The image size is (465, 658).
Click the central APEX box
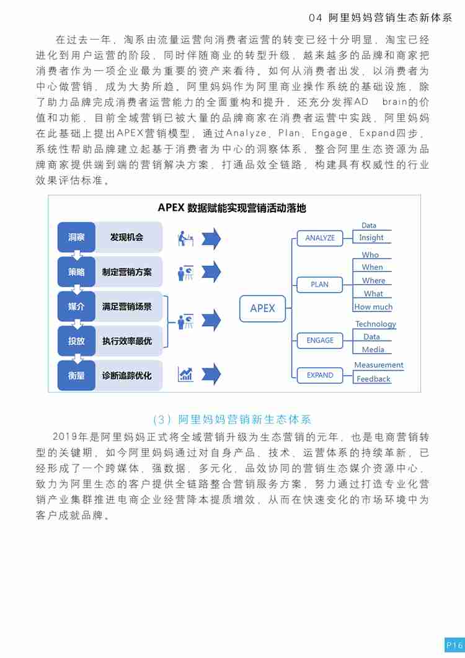263,308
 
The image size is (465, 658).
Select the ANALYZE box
320,238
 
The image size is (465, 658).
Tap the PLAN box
320,285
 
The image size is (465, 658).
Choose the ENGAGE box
320,340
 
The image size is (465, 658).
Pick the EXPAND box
320,375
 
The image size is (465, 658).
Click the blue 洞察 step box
76,237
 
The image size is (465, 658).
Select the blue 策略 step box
76,272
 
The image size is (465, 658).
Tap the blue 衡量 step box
76,376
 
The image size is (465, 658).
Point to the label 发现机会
126,237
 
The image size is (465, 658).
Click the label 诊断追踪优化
126,376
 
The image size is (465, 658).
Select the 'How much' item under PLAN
373,307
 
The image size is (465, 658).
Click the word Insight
371,238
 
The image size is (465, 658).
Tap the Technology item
376,324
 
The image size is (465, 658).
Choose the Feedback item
373,379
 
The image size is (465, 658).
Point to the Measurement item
379,365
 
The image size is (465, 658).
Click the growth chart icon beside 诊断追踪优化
185,374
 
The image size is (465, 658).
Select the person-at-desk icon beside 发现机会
185,238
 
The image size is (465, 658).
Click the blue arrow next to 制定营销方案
211,272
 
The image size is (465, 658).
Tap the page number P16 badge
454,645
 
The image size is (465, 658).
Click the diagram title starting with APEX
232,208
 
